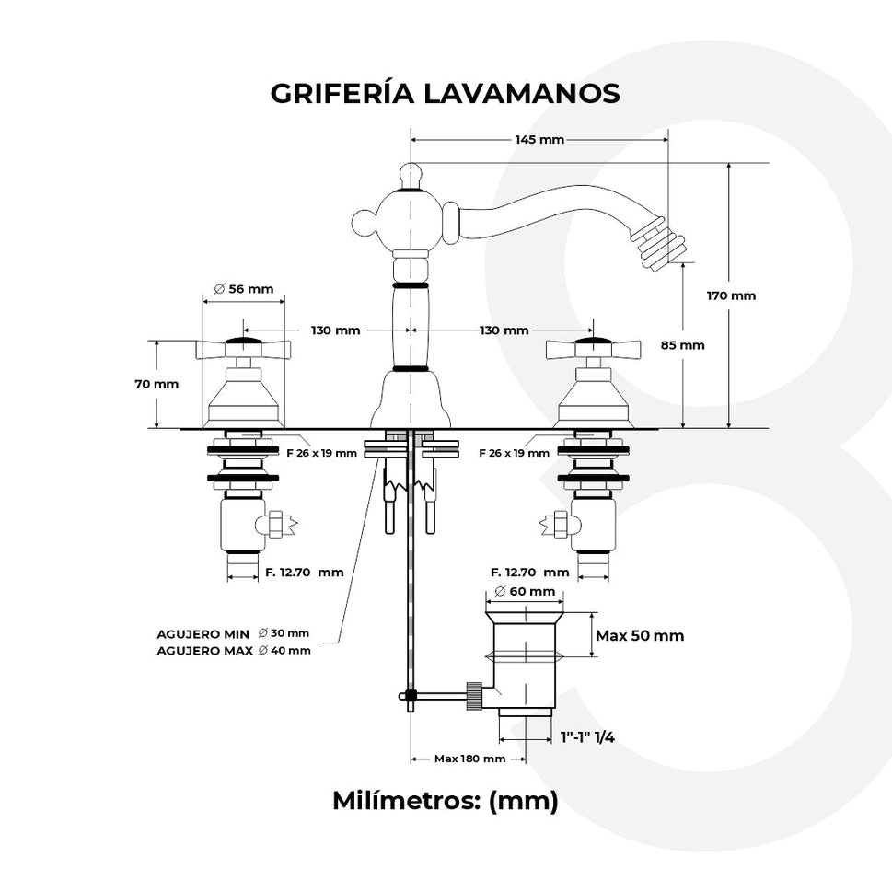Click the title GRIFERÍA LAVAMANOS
pos(445,94)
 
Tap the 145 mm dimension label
pos(539,140)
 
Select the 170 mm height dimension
pos(731,295)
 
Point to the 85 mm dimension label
pos(684,345)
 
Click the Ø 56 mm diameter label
pos(244,288)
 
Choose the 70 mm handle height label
pos(156,384)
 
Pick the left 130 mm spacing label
pos(335,330)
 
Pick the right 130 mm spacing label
pos(504,330)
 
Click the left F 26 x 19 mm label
pos(321,453)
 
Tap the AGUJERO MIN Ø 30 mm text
pos(234,633)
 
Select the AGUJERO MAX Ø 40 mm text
pos(234,650)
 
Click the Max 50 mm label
pos(640,636)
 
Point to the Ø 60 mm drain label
pos(525,591)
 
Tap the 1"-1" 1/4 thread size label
pos(587,736)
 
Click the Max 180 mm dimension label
pos(469,759)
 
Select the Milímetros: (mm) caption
pos(445,801)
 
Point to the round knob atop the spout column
pos(410,172)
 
